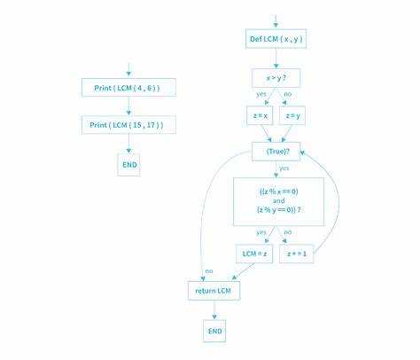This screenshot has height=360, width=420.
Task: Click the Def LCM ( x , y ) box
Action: point(276,39)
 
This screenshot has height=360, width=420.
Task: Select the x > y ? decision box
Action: point(276,78)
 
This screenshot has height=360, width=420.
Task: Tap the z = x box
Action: point(260,115)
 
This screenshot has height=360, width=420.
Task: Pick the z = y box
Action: point(292,115)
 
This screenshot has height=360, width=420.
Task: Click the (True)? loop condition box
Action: point(276,152)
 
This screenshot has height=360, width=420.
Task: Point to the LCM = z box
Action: point(254,254)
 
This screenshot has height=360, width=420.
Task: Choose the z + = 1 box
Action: point(297,254)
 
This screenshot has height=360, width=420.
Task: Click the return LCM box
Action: point(214,291)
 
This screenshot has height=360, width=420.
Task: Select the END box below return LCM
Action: point(214,331)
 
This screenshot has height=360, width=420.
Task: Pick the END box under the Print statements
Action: point(128,165)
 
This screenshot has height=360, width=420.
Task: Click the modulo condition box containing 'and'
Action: point(278,202)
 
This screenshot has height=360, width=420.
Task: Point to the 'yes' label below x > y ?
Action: point(261,94)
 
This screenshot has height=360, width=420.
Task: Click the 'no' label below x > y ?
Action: point(287,94)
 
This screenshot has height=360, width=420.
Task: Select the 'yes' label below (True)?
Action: point(284,168)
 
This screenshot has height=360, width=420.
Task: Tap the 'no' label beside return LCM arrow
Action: point(209,271)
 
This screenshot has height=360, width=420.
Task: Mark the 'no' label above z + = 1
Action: point(288,232)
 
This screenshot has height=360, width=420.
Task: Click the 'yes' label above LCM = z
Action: point(261,232)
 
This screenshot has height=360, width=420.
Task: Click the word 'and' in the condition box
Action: point(279,200)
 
